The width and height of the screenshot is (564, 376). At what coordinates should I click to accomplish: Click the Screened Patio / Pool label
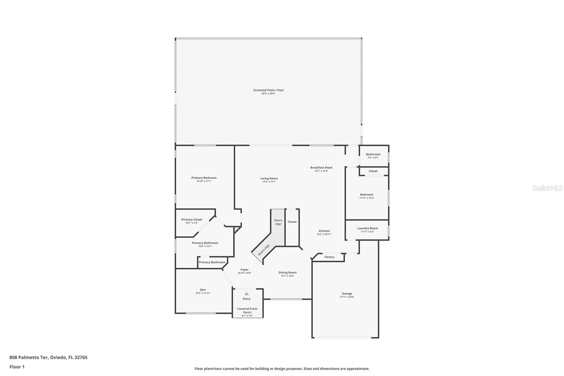pyautogui.click(x=268, y=90)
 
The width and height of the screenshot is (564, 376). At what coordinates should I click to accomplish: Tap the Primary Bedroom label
pyautogui.click(x=204, y=178)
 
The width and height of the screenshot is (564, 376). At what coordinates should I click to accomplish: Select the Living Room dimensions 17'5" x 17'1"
pyautogui.click(x=269, y=182)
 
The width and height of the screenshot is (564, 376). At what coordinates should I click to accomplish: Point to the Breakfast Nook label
pyautogui.click(x=321, y=168)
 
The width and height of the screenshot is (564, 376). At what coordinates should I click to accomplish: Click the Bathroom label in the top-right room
pyautogui.click(x=373, y=154)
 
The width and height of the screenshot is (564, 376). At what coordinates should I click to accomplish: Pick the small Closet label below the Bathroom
pyautogui.click(x=373, y=171)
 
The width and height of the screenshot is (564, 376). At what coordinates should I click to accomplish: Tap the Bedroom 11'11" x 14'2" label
pyautogui.click(x=367, y=195)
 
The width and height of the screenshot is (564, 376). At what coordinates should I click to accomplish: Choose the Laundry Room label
pyautogui.click(x=367, y=228)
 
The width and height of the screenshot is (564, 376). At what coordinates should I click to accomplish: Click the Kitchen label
pyautogui.click(x=324, y=231)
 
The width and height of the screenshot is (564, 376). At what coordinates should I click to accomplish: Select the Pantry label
pyautogui.click(x=329, y=257)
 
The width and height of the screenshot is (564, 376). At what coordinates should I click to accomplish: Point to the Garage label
pyautogui.click(x=347, y=293)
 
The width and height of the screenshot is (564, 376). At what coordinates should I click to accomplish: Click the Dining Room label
pyautogui.click(x=287, y=272)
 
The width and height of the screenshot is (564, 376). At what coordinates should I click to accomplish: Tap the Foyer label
pyautogui.click(x=244, y=269)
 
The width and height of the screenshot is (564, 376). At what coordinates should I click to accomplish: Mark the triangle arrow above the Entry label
pyautogui.click(x=247, y=293)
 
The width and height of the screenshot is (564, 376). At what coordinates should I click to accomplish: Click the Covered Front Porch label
pyautogui.click(x=247, y=310)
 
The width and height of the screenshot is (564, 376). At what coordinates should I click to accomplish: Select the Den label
pyautogui.click(x=203, y=290)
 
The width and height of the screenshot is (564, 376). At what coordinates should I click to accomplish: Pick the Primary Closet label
pyautogui.click(x=192, y=219)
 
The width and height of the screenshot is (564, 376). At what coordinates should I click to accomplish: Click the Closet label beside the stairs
pyautogui.click(x=292, y=222)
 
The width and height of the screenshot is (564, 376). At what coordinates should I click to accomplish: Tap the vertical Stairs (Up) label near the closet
pyautogui.click(x=278, y=222)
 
